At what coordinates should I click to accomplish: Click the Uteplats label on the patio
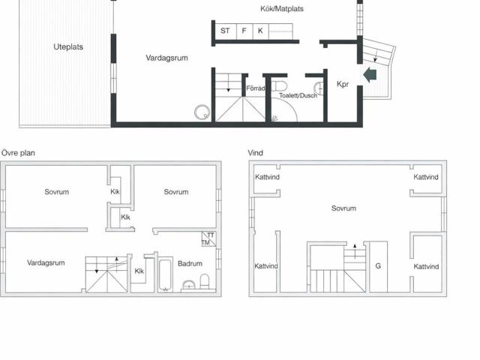point(68,46)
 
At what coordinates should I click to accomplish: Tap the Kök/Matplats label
point(277,9)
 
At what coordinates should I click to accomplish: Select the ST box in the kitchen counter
point(225,31)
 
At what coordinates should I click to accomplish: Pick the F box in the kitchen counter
point(244,31)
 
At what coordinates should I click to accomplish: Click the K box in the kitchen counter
point(260,31)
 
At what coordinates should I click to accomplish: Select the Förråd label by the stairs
point(256,88)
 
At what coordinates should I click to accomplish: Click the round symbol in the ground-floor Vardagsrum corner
point(201,112)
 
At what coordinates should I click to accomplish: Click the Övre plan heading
point(17,153)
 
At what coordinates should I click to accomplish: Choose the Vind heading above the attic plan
point(256,153)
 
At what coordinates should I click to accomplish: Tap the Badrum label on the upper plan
point(190,263)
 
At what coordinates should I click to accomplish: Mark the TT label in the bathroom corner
point(211,235)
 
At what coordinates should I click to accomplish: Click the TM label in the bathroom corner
point(205,242)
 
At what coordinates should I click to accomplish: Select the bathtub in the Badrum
point(163,274)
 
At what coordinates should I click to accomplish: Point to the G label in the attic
point(378,265)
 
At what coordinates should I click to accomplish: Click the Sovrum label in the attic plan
point(343,208)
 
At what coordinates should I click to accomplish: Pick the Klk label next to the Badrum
point(139,271)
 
